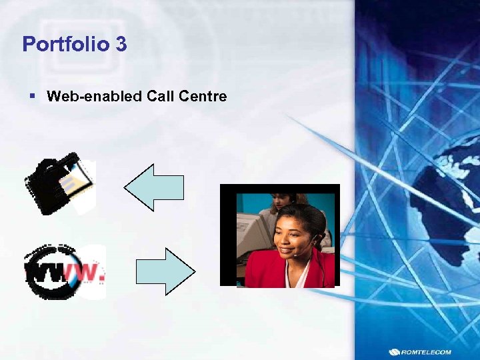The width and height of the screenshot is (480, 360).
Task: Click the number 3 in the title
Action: pos(121,45)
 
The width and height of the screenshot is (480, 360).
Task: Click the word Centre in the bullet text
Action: pos(203,97)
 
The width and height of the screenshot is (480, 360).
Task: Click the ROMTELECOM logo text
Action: pos(427,352)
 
